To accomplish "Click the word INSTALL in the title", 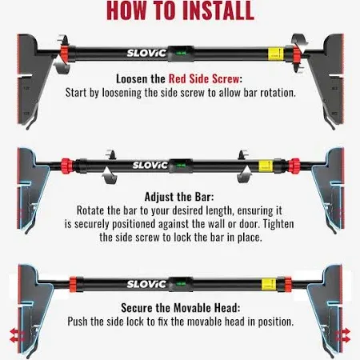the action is tap(218, 10).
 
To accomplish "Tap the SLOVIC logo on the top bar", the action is tap(146, 53).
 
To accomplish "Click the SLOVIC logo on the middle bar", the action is tap(150, 166).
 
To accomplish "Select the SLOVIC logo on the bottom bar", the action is tap(146, 284).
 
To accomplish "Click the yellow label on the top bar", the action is tap(275, 54).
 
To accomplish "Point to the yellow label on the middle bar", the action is tap(266, 166).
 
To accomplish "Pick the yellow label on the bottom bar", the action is tap(269, 285).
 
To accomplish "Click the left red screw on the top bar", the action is tap(65, 54).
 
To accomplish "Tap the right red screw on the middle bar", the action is tap(294, 166).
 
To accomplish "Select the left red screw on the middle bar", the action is tap(66, 166).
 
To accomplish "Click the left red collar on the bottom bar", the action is tap(73, 284).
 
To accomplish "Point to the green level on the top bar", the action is tap(181, 54).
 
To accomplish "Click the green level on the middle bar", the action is tap(181, 166).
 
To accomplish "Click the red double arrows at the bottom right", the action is tap(344, 335).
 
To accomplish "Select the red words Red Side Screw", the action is tap(204, 79).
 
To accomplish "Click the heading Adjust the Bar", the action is tap(179, 197).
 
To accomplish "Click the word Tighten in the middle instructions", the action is tap(278, 224).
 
